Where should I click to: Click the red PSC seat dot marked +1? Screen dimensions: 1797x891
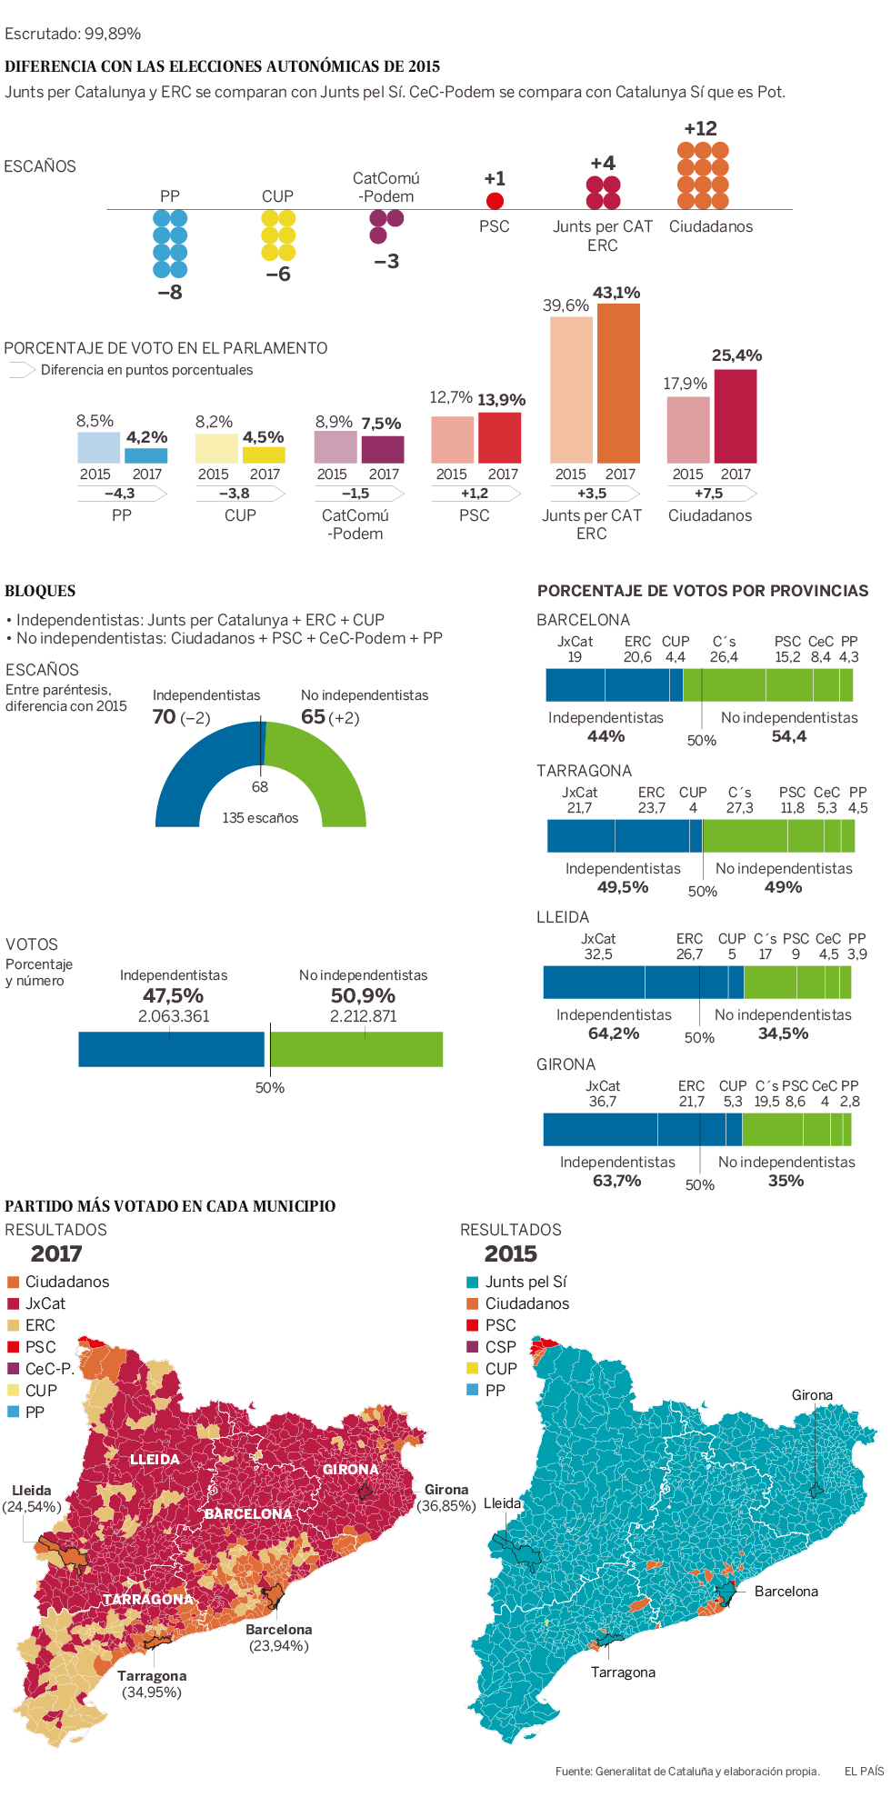(495, 201)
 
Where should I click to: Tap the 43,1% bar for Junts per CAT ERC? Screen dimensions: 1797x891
(618, 383)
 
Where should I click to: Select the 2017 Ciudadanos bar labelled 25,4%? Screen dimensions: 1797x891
(736, 415)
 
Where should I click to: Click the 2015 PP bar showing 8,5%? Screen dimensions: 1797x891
(98, 447)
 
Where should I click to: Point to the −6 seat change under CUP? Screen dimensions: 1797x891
(278, 275)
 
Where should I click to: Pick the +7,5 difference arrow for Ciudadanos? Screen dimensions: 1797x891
(710, 494)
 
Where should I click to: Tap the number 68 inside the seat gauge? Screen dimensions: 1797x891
(260, 787)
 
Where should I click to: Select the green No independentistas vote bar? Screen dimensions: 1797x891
(356, 1049)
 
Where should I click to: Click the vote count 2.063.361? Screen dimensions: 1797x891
(174, 1016)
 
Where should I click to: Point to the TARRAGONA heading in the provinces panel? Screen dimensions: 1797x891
(584, 771)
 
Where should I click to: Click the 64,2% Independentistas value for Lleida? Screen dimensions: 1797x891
(614, 1033)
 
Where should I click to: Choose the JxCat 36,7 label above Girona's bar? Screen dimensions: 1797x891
(602, 1093)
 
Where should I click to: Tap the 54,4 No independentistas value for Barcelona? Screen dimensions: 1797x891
(789, 736)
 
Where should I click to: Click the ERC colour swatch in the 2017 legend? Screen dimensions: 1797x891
(13, 1325)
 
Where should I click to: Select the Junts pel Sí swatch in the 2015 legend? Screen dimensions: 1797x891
(472, 1282)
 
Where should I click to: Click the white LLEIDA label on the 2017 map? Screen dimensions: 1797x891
(155, 1460)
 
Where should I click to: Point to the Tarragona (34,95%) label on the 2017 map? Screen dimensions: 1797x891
(152, 1683)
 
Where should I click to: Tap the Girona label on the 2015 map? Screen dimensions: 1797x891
(812, 1395)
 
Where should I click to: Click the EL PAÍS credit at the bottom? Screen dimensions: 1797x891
(864, 1771)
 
